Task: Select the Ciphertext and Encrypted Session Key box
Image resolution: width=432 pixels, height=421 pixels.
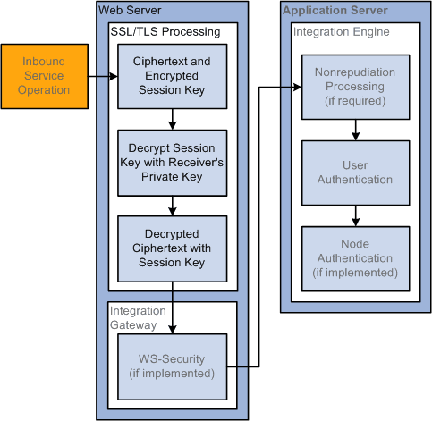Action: tap(171, 76)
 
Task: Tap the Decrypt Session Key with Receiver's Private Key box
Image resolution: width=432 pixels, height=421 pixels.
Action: tap(171, 162)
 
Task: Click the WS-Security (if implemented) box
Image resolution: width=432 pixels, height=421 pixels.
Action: tap(171, 366)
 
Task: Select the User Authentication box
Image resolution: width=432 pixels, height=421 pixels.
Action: tap(355, 173)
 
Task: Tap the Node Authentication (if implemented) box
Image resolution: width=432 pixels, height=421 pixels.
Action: tap(355, 258)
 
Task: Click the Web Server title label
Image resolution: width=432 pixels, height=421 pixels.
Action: tap(131, 11)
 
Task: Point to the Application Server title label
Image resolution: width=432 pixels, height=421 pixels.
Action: tap(335, 11)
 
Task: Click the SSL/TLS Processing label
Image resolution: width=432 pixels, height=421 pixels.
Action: tap(165, 32)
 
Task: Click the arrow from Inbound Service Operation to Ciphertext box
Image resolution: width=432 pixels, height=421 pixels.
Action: tap(105, 77)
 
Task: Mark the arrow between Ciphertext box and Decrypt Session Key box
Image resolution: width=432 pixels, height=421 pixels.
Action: tap(171, 119)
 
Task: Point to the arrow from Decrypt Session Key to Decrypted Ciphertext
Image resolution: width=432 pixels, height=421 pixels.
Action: tap(171, 205)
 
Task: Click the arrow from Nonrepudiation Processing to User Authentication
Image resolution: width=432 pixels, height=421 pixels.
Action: tap(355, 130)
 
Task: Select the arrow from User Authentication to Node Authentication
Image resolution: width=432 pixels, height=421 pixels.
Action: tap(355, 215)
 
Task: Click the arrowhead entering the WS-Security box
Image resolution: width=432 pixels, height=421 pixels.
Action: tap(171, 328)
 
